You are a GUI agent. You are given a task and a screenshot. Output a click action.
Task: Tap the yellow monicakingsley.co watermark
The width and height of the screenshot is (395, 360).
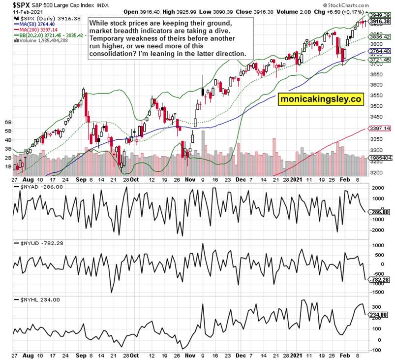[x=320, y=99]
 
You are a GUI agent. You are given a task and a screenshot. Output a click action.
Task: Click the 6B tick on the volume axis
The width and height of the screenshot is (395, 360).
[x=8, y=122]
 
